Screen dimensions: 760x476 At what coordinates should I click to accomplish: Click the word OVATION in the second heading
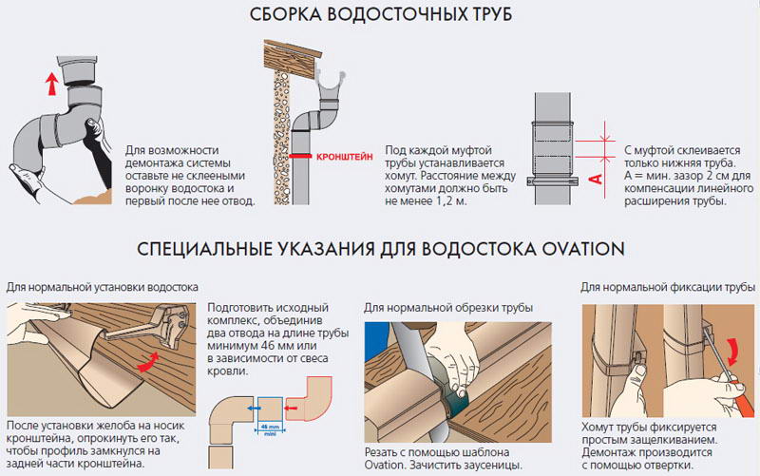(583, 249)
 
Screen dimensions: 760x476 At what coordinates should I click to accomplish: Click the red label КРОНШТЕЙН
(345, 157)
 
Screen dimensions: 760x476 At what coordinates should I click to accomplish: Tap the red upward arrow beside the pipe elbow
(52, 84)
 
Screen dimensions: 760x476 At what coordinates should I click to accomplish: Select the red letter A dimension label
(597, 180)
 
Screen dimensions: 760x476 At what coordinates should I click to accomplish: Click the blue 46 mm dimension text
(271, 427)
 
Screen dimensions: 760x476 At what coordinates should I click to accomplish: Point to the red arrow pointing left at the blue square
(291, 409)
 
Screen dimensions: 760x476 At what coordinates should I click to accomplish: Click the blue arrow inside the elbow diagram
(252, 409)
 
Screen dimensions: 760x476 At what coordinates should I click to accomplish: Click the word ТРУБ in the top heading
(489, 14)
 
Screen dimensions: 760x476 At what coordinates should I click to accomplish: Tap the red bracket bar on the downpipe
(300, 156)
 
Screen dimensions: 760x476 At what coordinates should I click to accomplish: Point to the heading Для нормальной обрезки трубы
(448, 308)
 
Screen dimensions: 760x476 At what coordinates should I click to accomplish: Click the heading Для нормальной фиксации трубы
(668, 288)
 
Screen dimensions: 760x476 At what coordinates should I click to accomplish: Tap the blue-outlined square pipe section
(271, 409)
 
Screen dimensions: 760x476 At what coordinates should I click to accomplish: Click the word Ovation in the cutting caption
(385, 466)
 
